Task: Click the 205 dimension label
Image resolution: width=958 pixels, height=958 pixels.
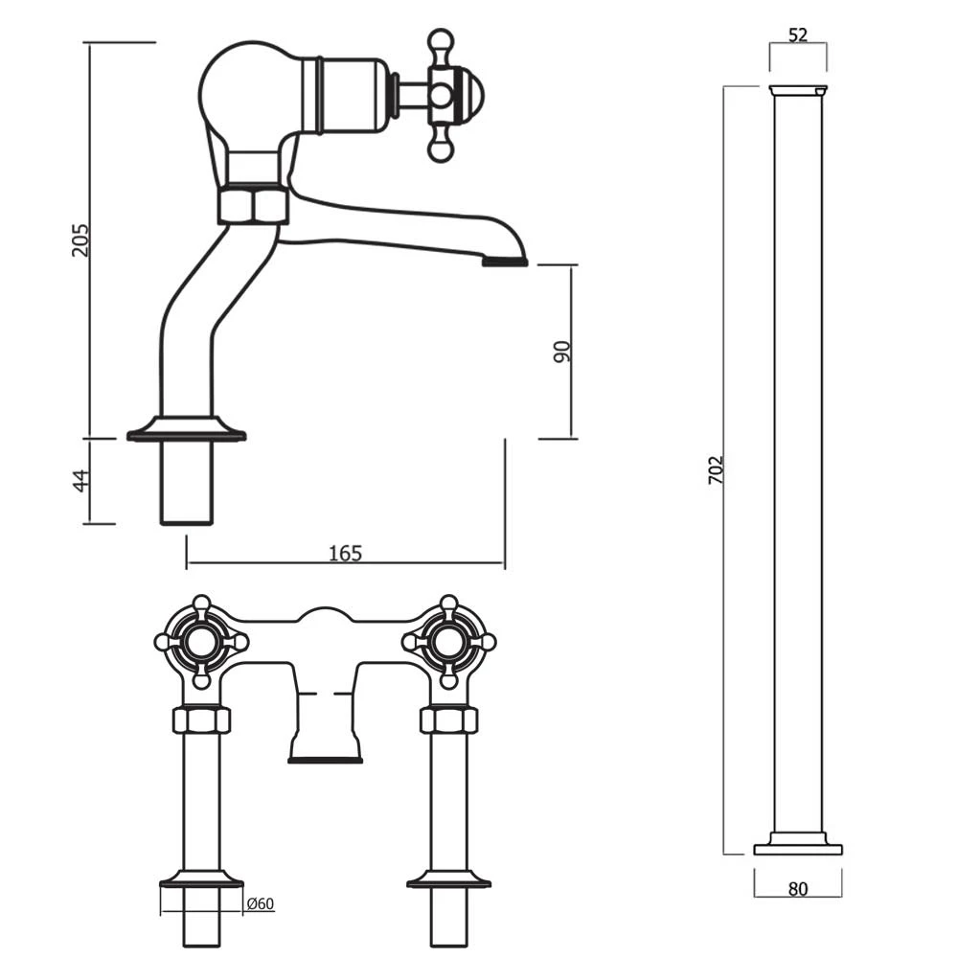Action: tap(81, 239)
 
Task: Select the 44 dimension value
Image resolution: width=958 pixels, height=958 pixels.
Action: tap(81, 480)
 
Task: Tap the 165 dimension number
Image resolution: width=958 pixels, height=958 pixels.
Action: tap(345, 553)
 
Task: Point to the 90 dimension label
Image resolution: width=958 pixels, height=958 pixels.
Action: tap(562, 351)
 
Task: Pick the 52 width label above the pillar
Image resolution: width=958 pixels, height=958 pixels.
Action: tap(798, 35)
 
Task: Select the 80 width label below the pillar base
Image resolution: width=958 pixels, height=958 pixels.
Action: tap(798, 888)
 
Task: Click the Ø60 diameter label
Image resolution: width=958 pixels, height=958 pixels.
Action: tap(261, 902)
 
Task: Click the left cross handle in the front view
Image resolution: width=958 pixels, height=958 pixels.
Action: tap(201, 642)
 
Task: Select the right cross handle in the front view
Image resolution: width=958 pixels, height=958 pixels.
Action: tap(448, 642)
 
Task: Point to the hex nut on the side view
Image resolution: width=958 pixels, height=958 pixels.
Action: tap(253, 206)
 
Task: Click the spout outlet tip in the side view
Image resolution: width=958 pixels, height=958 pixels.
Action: tap(504, 261)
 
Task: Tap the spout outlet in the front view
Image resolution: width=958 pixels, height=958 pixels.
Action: tap(326, 759)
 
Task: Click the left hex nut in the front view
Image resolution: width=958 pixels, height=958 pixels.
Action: tap(201, 720)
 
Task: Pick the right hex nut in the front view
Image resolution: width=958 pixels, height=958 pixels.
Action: tap(448, 720)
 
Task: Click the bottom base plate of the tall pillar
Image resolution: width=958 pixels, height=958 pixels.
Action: tap(798, 849)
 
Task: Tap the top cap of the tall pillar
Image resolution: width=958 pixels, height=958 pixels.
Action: tap(798, 91)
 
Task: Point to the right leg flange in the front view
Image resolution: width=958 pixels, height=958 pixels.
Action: tap(448, 879)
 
